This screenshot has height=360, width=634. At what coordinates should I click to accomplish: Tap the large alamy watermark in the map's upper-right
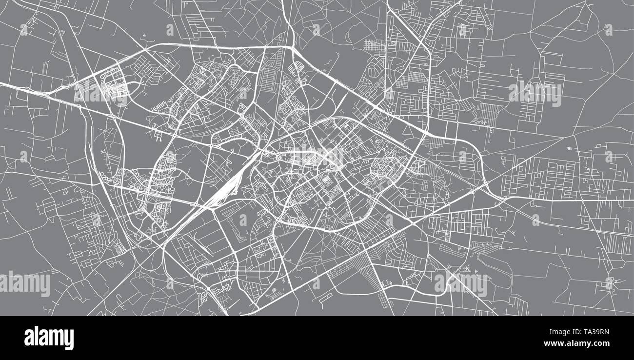(535, 93)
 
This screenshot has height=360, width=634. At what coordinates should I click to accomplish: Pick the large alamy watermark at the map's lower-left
(25, 284)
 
